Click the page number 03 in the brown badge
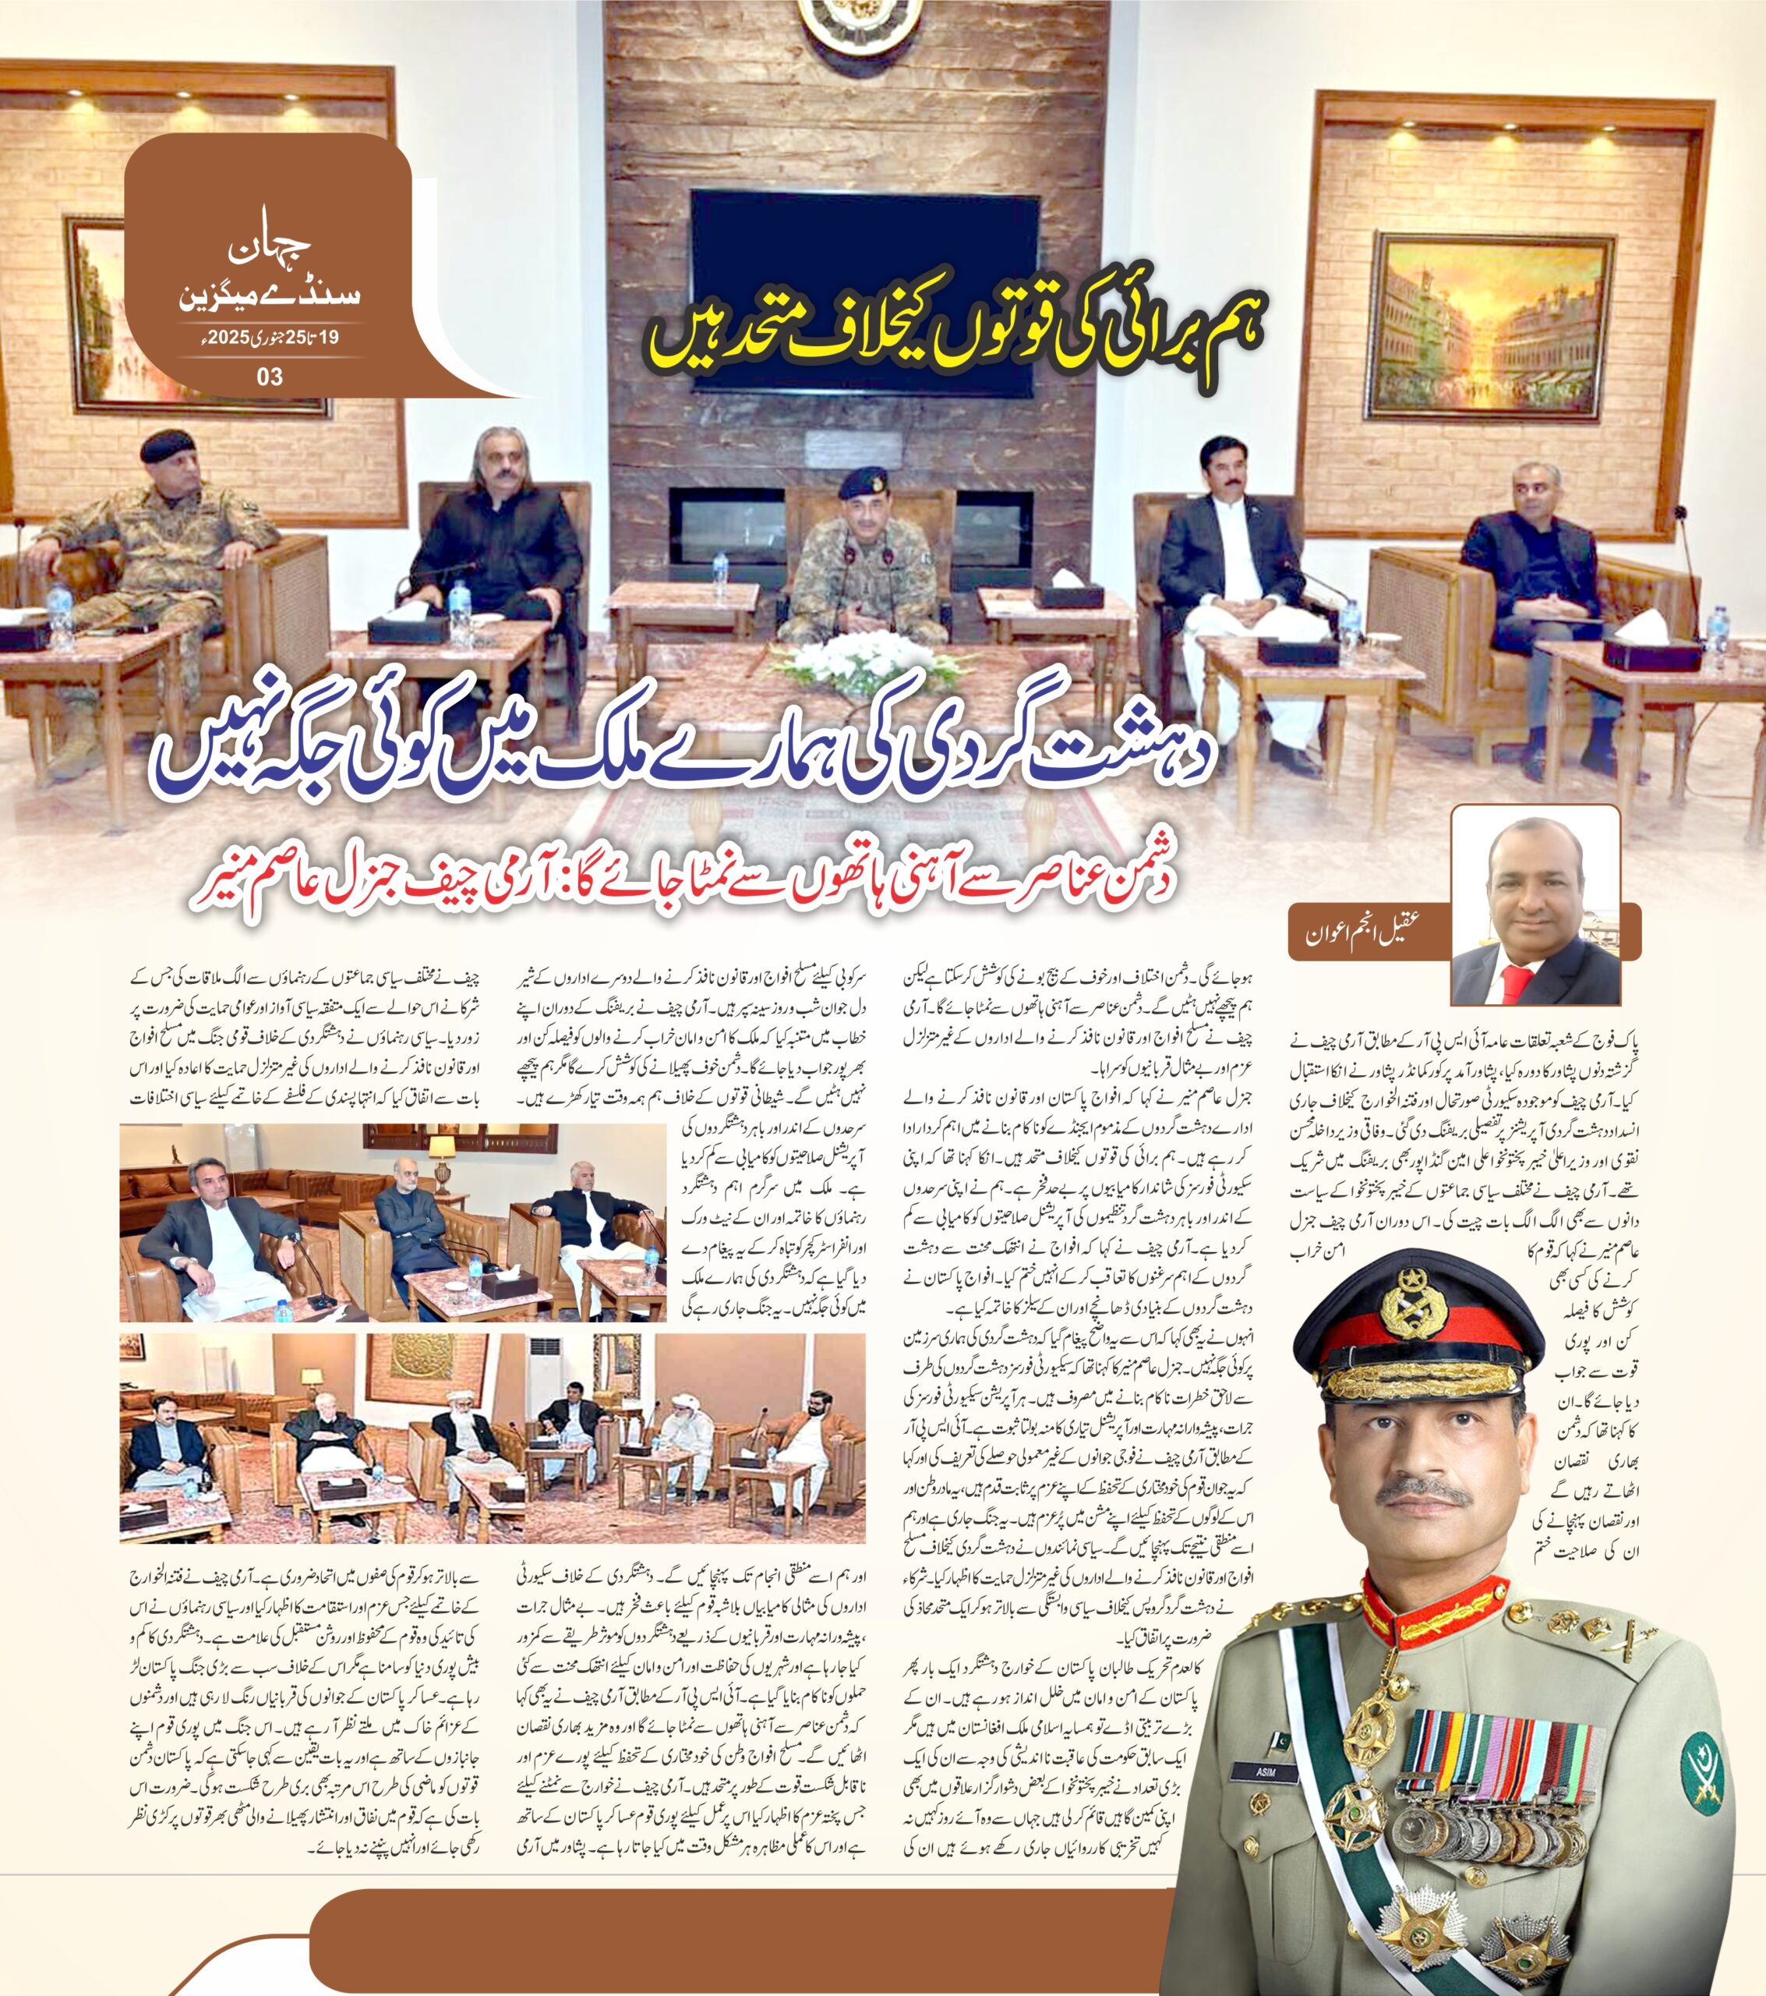pyautogui.click(x=270, y=376)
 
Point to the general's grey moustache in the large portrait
pyautogui.click(x=1425, y=1494)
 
